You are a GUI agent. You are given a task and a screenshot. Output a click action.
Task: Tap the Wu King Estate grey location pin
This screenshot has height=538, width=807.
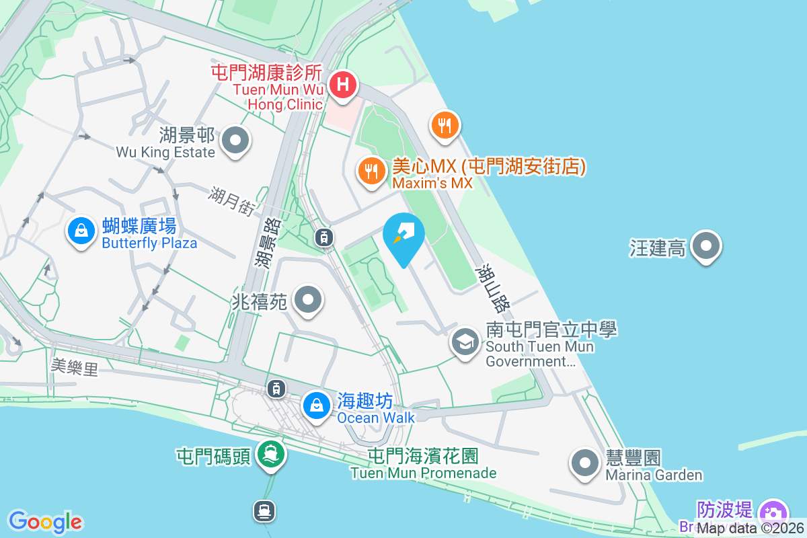click(235, 141)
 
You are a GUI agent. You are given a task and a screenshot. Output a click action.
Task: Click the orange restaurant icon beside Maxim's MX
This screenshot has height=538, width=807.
click(371, 171)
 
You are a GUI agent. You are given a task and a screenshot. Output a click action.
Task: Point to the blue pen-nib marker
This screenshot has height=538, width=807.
click(403, 235)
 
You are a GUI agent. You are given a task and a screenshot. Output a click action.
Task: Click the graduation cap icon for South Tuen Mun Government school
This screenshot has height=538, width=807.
click(465, 342)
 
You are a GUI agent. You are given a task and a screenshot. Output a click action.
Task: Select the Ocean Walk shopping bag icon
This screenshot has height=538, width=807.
click(315, 406)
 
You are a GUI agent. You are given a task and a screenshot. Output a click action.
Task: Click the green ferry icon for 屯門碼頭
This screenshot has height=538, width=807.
click(271, 455)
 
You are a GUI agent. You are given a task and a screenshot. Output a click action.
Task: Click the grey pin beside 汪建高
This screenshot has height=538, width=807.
click(706, 246)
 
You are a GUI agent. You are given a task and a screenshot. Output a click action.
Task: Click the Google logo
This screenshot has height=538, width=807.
click(45, 522)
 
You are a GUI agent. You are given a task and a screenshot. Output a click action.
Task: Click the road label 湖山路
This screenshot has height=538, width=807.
click(492, 289)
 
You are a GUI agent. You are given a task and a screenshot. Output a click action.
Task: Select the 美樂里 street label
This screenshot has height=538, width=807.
click(74, 367)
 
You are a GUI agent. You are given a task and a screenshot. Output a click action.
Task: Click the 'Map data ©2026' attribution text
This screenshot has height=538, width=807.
click(751, 528)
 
